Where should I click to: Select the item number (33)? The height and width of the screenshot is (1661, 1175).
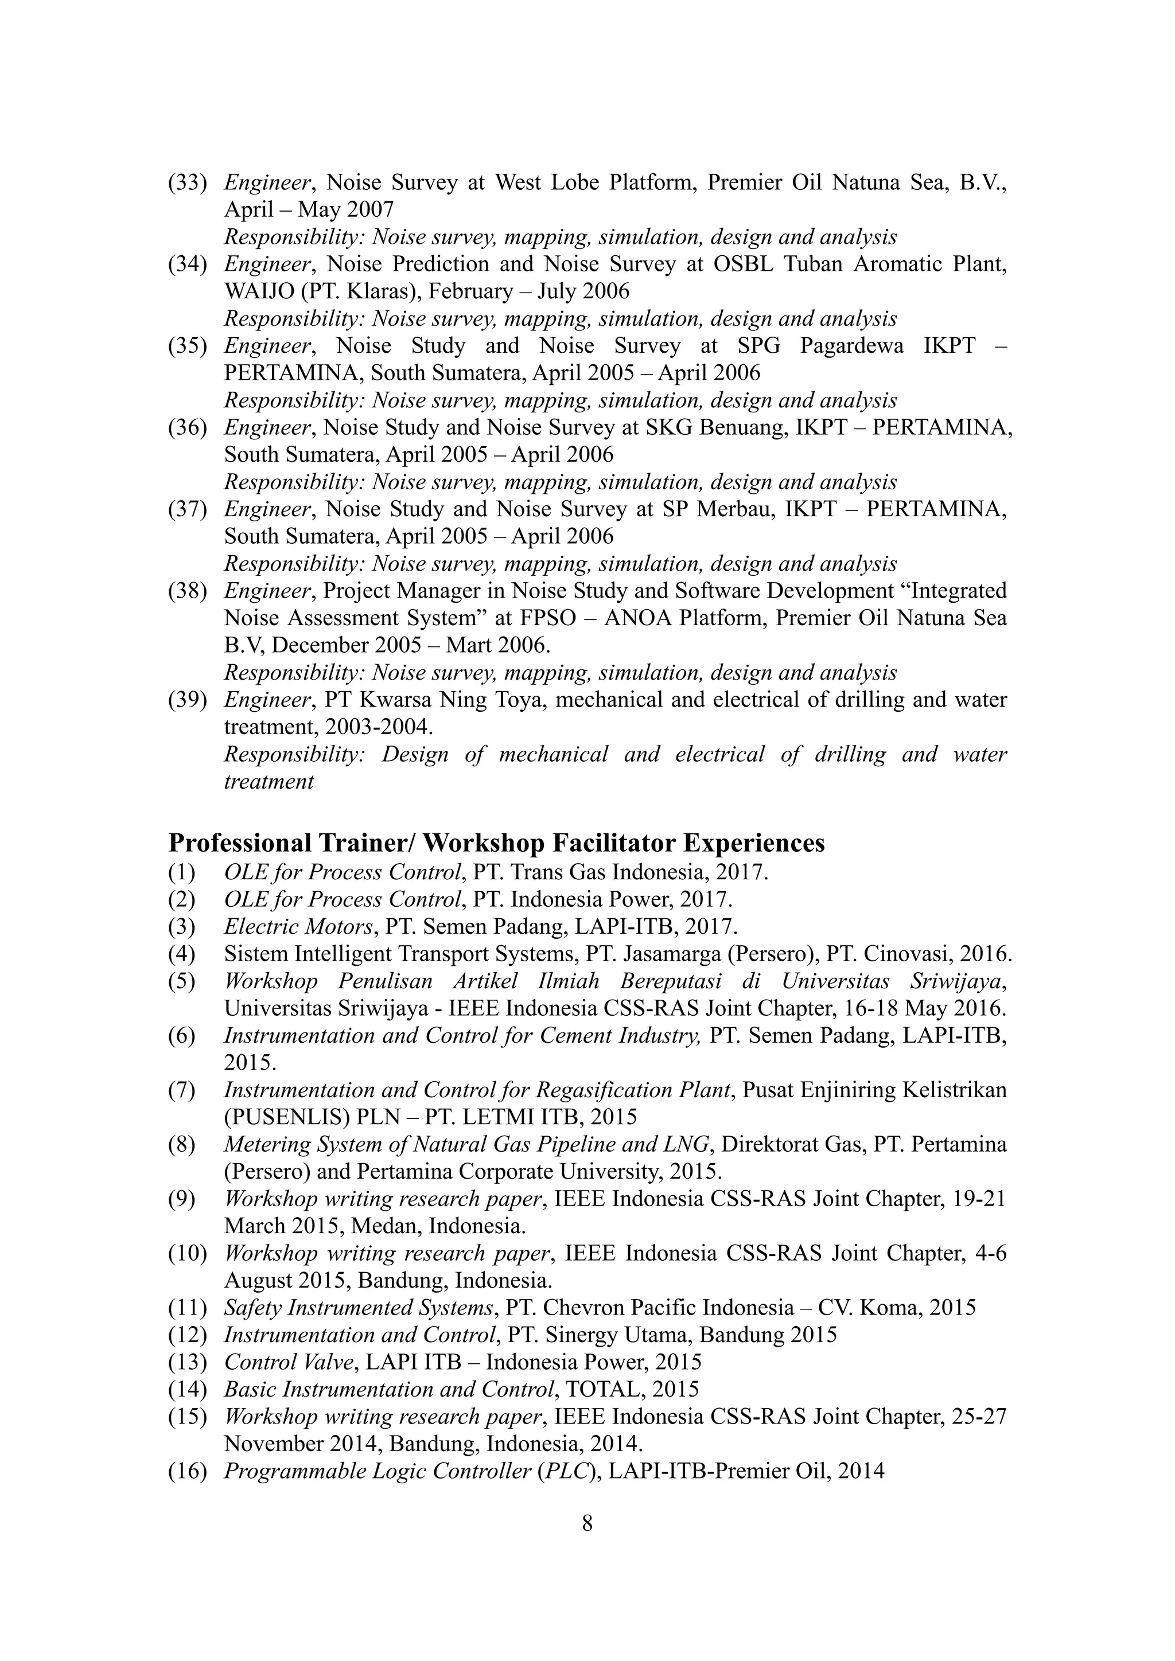pyautogui.click(x=188, y=182)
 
